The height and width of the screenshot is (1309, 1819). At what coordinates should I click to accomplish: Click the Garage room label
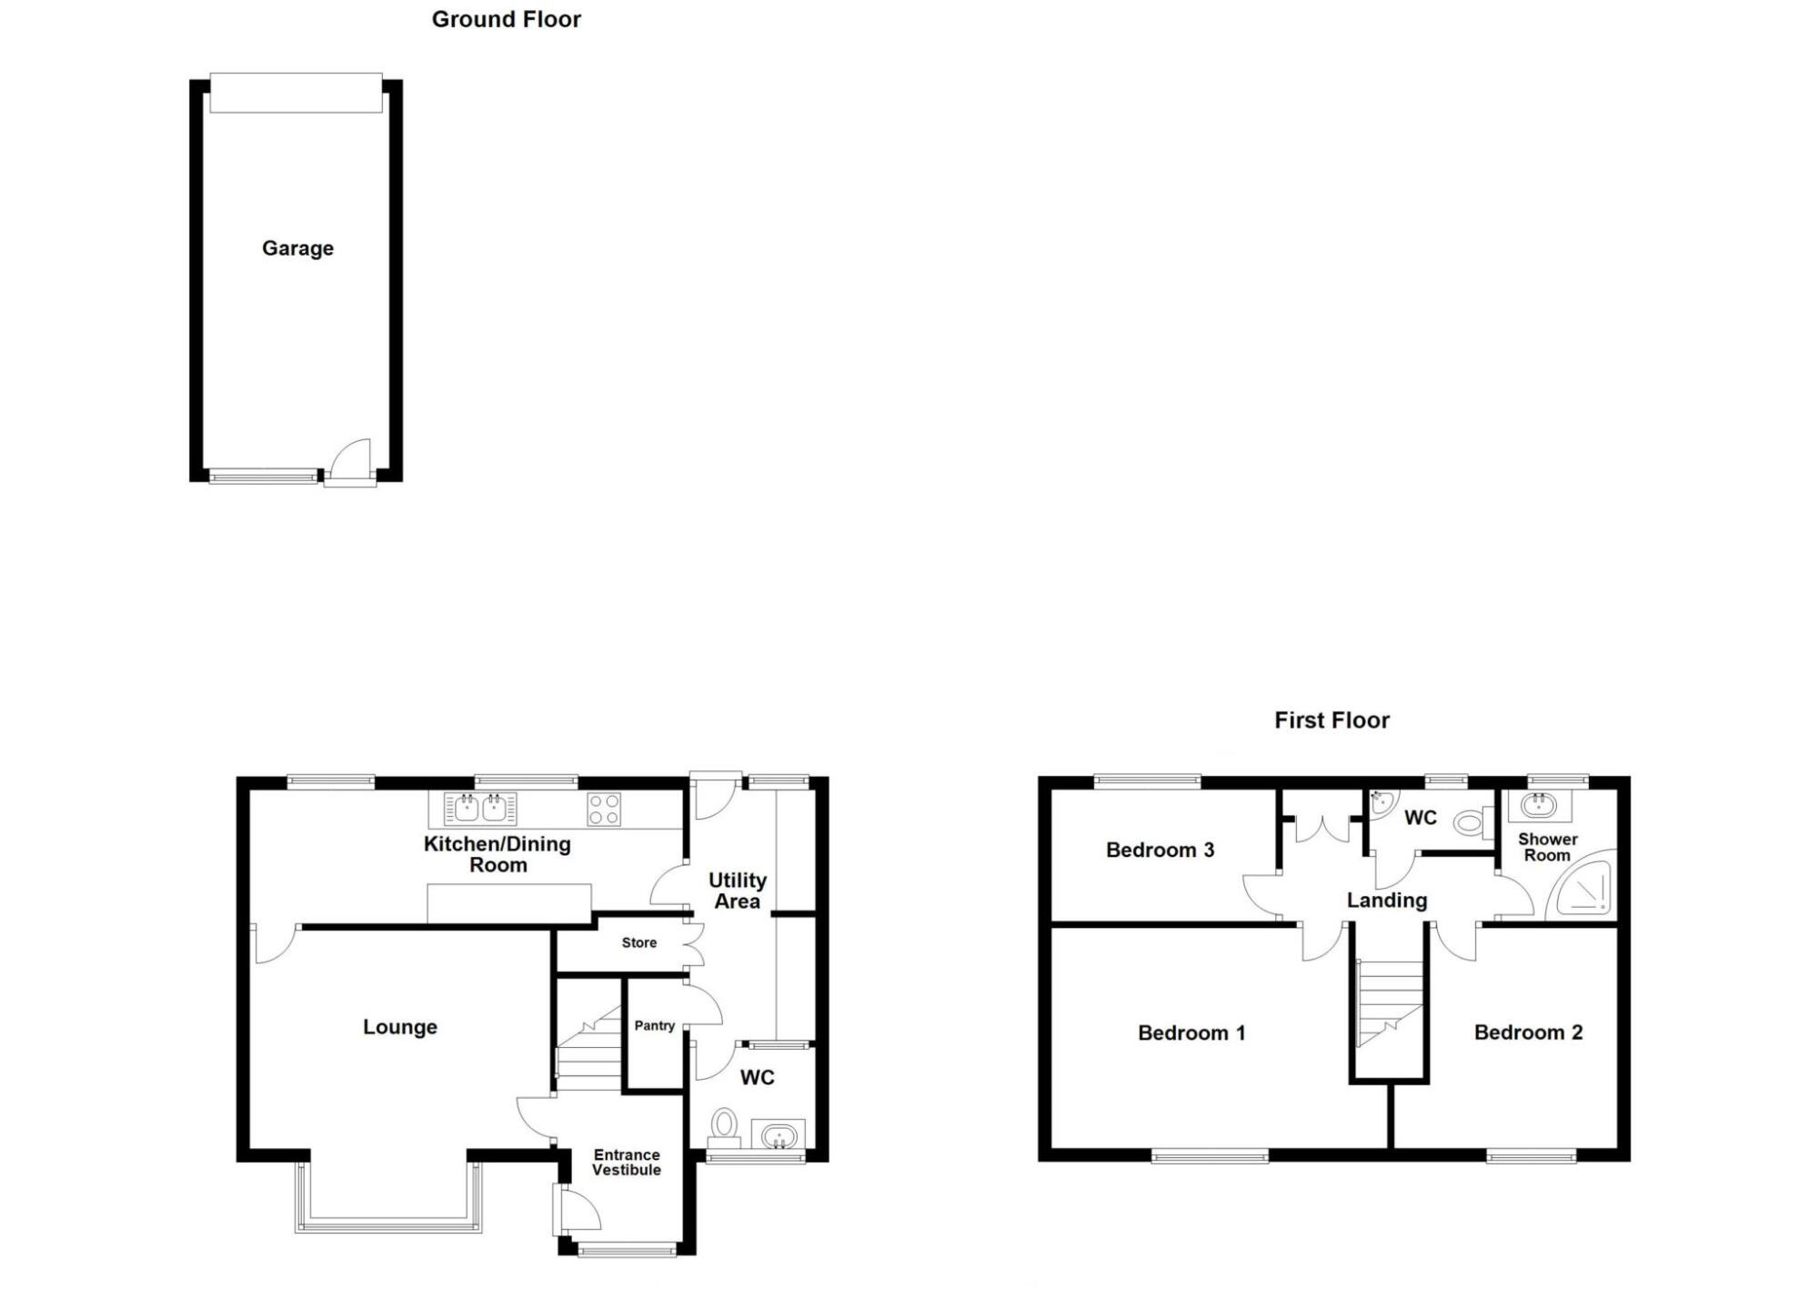[297, 248]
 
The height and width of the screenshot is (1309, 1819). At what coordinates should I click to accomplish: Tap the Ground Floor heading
[506, 19]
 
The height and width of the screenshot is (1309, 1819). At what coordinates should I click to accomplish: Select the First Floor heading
[1332, 720]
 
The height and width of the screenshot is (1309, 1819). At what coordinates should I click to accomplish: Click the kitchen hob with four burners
[604, 809]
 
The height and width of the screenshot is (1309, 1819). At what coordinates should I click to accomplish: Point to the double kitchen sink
[480, 808]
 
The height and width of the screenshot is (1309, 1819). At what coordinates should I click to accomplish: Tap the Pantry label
[654, 1025]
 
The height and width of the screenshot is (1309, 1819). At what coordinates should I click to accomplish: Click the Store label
[638, 942]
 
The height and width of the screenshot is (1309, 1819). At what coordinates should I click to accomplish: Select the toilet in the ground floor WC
[724, 1124]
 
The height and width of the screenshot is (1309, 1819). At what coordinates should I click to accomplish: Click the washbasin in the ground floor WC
[779, 1134]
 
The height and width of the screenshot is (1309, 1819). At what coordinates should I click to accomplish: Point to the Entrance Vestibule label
[626, 1163]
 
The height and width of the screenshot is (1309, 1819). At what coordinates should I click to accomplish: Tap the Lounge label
[399, 1027]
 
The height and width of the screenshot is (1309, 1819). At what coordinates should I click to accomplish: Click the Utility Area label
[737, 891]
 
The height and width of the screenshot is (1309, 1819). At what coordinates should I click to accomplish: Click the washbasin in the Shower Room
[1539, 805]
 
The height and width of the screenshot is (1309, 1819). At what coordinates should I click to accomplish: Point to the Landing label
[1386, 901]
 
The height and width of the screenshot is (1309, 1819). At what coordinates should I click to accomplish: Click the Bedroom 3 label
[1160, 850]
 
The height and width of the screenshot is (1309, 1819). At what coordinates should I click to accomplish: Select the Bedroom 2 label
[1528, 1032]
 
